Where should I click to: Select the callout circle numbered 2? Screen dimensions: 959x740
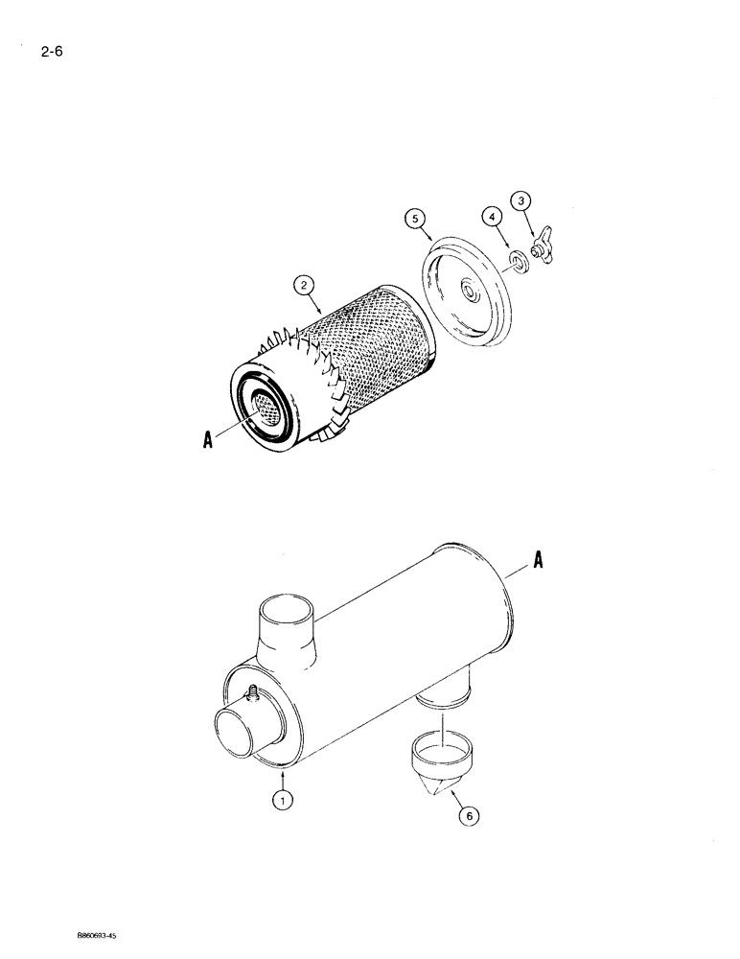302,284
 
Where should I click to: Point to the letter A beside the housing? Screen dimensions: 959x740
538,564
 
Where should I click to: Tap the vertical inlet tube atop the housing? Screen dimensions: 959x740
285,633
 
